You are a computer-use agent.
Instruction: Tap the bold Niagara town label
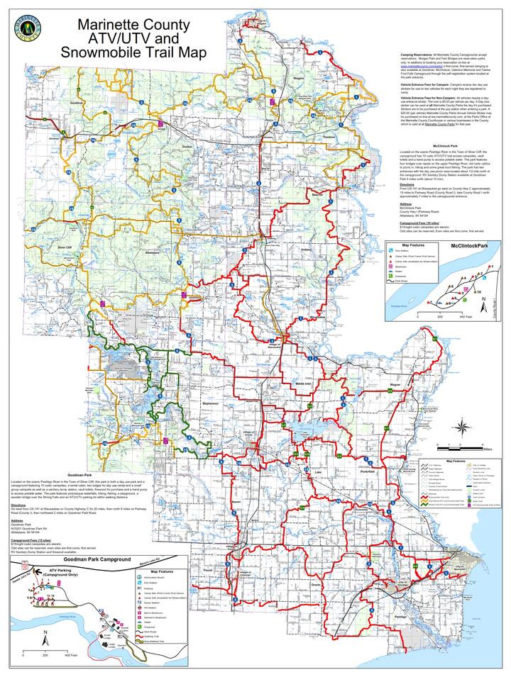coord(298,78)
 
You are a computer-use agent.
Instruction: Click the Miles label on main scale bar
coord(485,449)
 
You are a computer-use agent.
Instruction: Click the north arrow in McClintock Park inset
coord(483,306)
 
